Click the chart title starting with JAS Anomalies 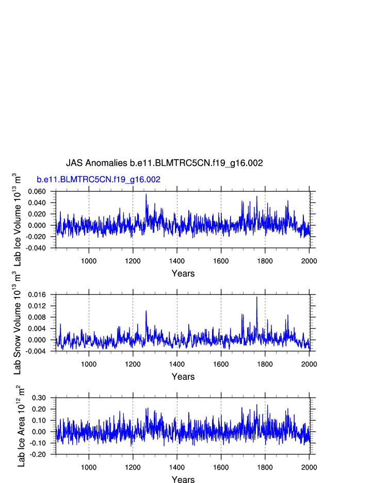[164, 163]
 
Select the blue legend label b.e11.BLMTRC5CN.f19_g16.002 [98, 180]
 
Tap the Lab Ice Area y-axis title [21, 426]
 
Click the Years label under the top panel [183, 273]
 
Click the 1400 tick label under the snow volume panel [177, 364]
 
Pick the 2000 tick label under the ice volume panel [309, 260]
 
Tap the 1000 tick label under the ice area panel [89, 467]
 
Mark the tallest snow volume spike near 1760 [256, 297]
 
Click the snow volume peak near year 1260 [146, 311]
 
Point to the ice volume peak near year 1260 [146, 194]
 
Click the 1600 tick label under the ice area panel [221, 467]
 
